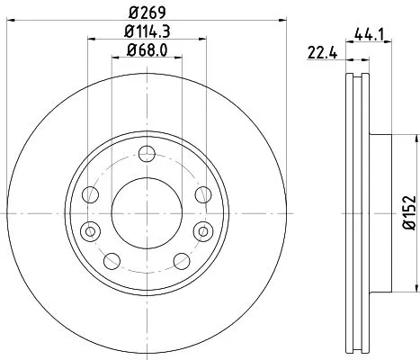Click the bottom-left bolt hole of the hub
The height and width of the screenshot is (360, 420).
[x=112, y=260]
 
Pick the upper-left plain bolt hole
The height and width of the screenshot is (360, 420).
[x=90, y=194]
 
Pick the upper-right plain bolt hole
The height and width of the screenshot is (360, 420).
[x=201, y=194]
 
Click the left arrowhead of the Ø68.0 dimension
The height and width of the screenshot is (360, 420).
[x=114, y=58]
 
